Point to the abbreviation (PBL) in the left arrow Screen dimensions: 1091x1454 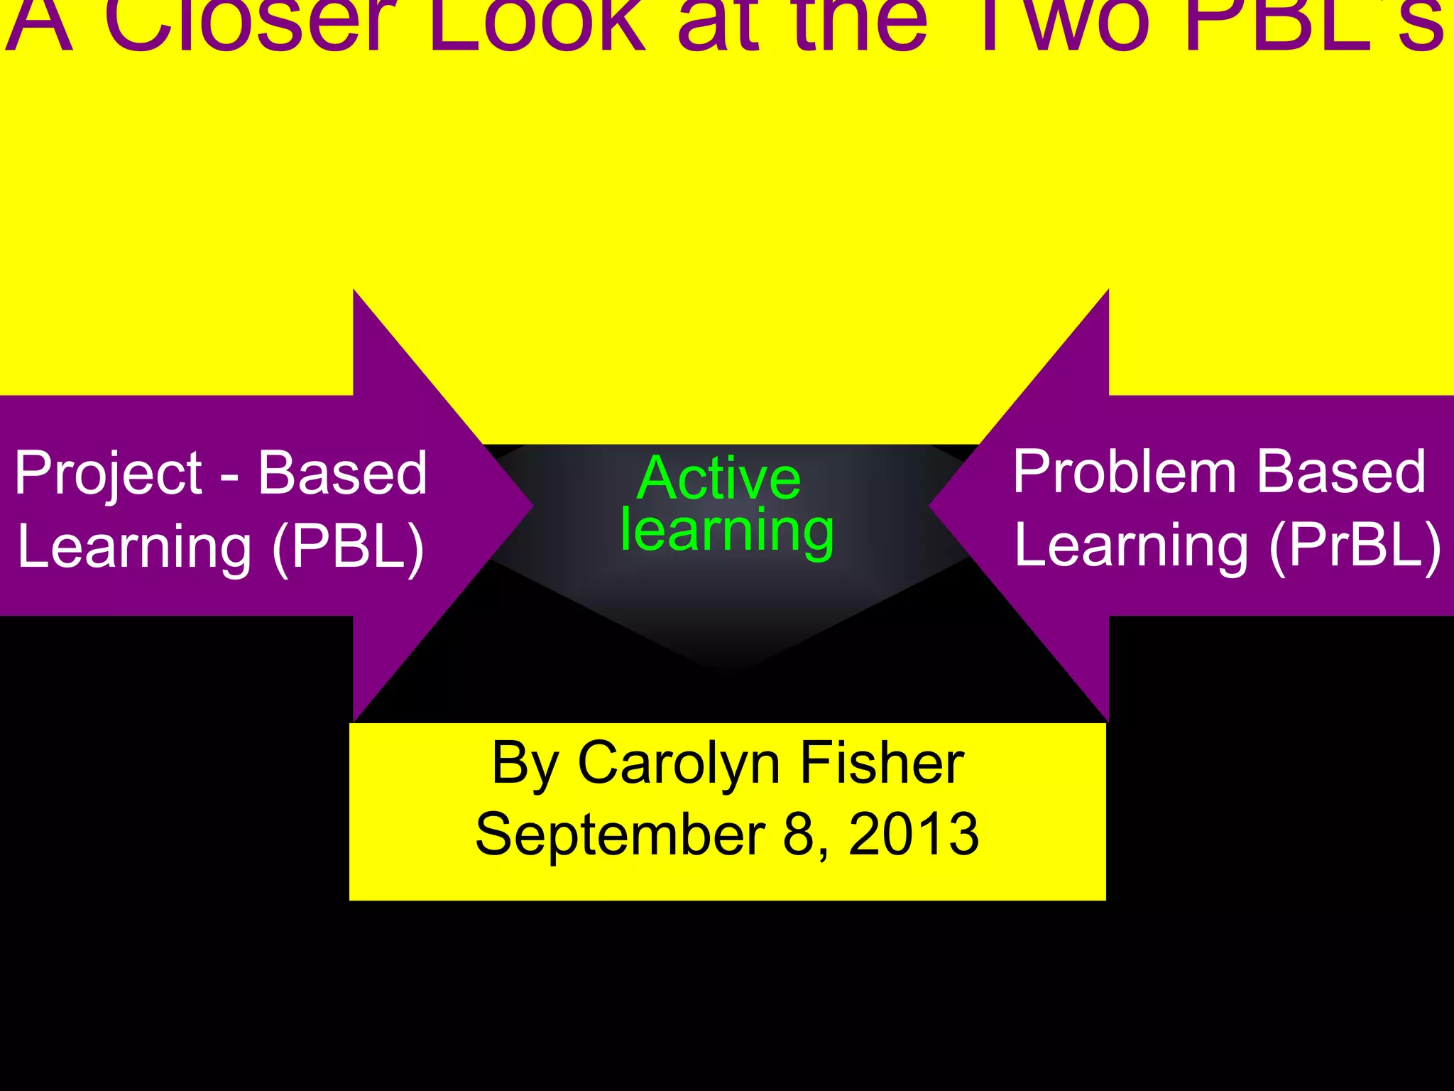pyautogui.click(x=348, y=547)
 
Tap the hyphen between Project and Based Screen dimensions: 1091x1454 pyautogui.click(x=229, y=477)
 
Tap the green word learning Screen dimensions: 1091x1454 pyautogui.click(x=727, y=531)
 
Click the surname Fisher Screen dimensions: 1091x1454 pyautogui.click(x=882, y=763)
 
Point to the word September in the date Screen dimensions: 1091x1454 pyautogui.click(x=620, y=834)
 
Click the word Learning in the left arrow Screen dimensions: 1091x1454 pyautogui.click(x=135, y=547)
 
